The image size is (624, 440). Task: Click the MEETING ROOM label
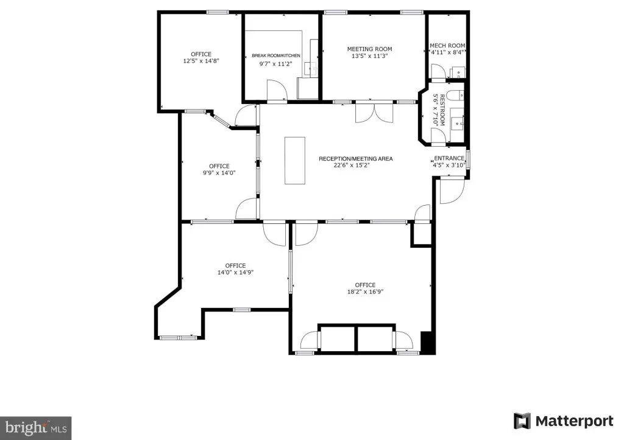pyautogui.click(x=369, y=49)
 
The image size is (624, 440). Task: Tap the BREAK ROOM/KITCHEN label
pyautogui.click(x=276, y=55)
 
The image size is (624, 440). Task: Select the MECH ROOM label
pyautogui.click(x=447, y=46)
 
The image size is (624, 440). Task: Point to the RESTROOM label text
pyautogui.click(x=442, y=110)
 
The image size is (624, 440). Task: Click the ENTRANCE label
pyautogui.click(x=449, y=158)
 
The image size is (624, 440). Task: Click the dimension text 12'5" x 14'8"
pyautogui.click(x=201, y=61)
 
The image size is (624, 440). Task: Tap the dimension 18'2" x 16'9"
pyautogui.click(x=366, y=292)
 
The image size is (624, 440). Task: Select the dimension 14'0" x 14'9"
pyautogui.click(x=236, y=272)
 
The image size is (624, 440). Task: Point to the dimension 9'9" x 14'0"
pyautogui.click(x=219, y=172)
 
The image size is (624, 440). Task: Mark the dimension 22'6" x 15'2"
pyautogui.click(x=352, y=165)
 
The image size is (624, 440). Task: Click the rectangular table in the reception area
pyautogui.click(x=295, y=161)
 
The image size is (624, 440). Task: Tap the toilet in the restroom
pyautogui.click(x=455, y=96)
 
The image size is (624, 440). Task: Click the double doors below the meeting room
pyautogui.click(x=374, y=113)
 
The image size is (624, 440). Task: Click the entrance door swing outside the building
pyautogui.click(x=452, y=191)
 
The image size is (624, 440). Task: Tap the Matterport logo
pyautogui.click(x=564, y=421)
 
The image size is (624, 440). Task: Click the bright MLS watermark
pyautogui.click(x=36, y=428)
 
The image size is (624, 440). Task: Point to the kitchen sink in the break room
pyautogui.click(x=311, y=69)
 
